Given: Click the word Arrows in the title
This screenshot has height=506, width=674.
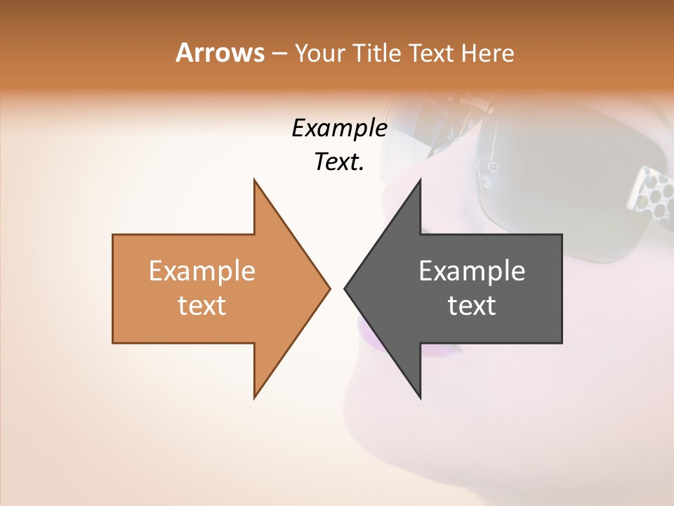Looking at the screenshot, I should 220,53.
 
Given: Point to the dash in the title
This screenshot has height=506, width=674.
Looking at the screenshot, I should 279,53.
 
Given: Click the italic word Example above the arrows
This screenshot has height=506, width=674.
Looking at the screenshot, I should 339,129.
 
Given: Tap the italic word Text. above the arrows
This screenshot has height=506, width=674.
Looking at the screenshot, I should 339,162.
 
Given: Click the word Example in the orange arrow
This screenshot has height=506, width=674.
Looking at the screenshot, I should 202,271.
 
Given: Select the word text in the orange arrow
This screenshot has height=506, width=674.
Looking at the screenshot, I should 202,306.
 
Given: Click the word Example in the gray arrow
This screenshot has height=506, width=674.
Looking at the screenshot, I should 472,271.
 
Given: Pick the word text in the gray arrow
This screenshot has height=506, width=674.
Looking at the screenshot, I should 472,306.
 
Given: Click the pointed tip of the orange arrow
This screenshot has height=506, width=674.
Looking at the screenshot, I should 329,288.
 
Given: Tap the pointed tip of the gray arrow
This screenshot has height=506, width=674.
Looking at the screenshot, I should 345,288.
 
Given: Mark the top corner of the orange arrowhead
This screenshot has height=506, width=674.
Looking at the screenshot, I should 254,180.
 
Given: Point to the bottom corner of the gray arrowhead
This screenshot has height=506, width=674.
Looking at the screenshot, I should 420,398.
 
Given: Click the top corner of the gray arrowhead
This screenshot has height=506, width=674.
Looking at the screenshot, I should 420,180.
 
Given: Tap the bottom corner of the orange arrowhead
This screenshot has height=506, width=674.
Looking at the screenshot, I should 254,398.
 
